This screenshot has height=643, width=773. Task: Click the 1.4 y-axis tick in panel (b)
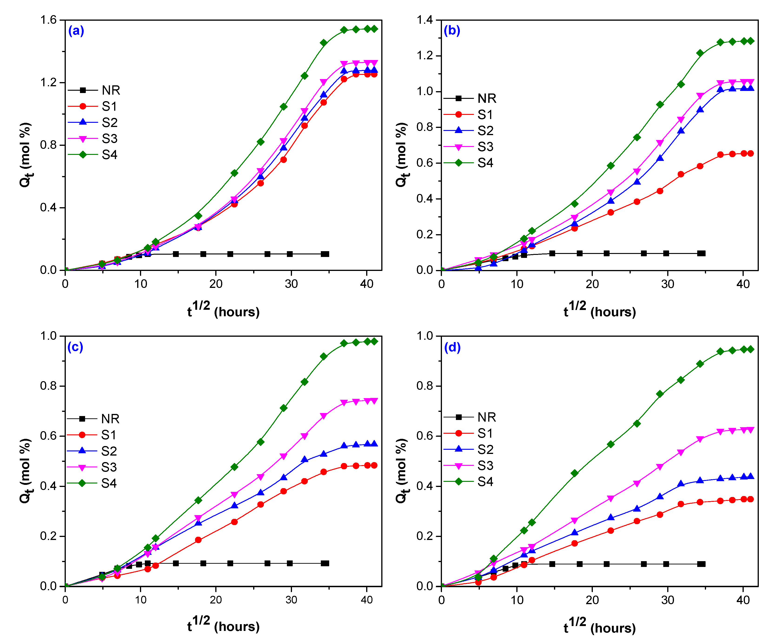coord(425,20)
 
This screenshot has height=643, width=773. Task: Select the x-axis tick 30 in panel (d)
coord(667,600)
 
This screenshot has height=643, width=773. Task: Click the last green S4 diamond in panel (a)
coord(374,29)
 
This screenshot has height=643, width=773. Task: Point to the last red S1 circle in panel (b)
coord(750,153)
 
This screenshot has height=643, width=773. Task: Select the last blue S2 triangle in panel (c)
coord(374,444)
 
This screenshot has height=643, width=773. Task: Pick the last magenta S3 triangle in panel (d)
coord(750,430)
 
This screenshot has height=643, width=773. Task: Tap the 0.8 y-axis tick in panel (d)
coord(425,386)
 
